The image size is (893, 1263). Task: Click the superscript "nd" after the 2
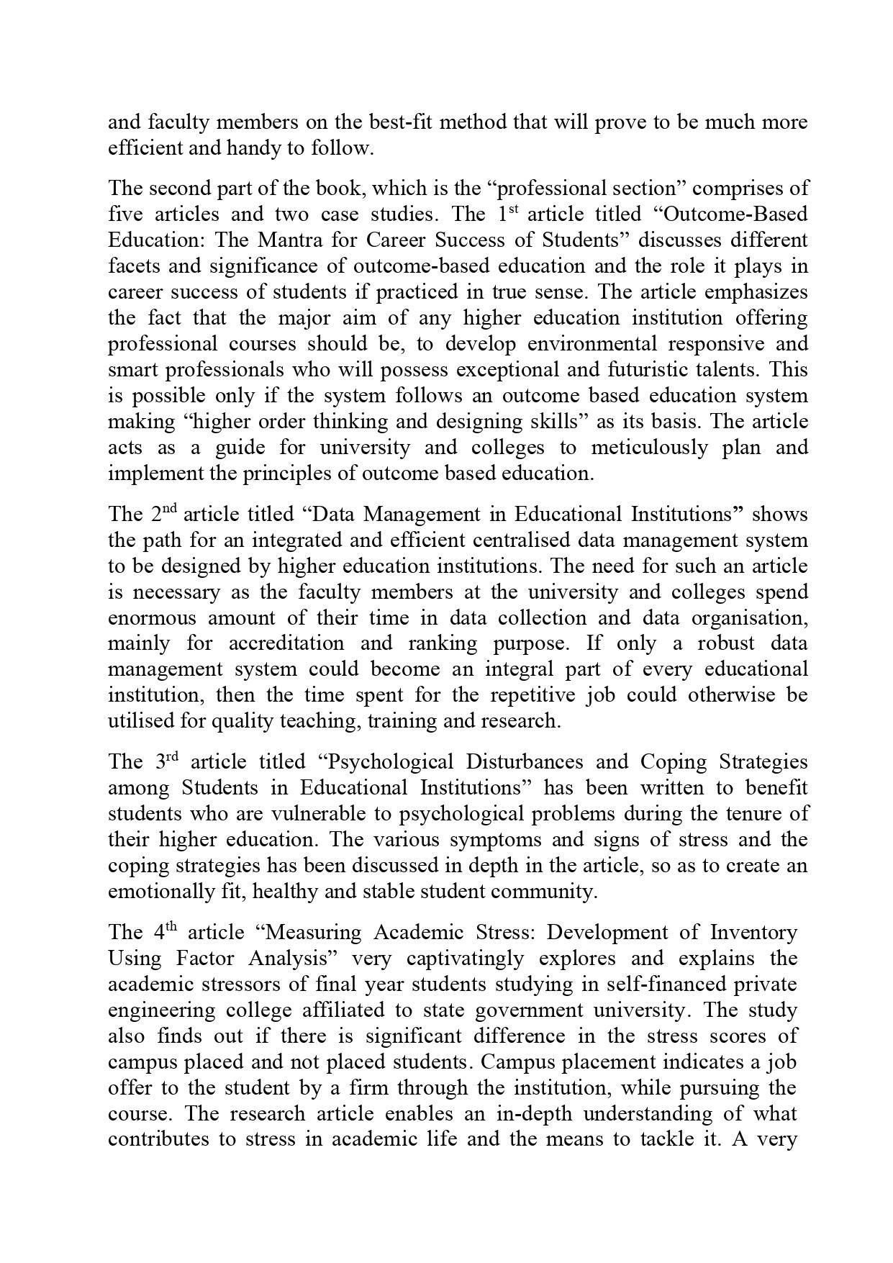[x=168, y=509]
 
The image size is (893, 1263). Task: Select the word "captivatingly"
[x=467, y=958]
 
